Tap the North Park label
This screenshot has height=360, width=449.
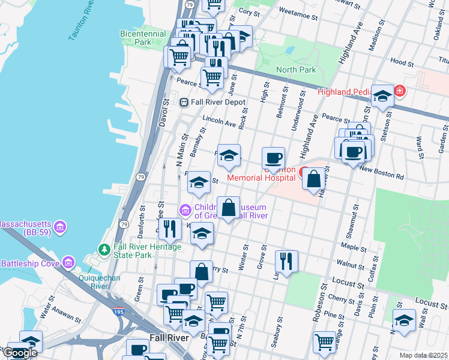pyautogui.click(x=296, y=70)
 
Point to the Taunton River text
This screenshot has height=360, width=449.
pyautogui.click(x=82, y=24)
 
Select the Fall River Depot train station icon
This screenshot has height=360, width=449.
pyautogui.click(x=184, y=102)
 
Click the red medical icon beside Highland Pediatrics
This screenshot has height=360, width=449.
pyautogui.click(x=400, y=91)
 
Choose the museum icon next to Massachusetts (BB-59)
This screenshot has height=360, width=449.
pyautogui.click(x=59, y=227)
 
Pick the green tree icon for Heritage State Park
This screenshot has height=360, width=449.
pyautogui.click(x=104, y=248)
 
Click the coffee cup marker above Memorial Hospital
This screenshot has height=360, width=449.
pyautogui.click(x=274, y=158)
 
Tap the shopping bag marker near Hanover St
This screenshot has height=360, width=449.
pyautogui.click(x=313, y=178)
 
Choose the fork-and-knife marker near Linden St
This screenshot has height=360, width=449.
pyautogui.click(x=286, y=260)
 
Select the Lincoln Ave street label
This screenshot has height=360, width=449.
pyautogui.click(x=219, y=121)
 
